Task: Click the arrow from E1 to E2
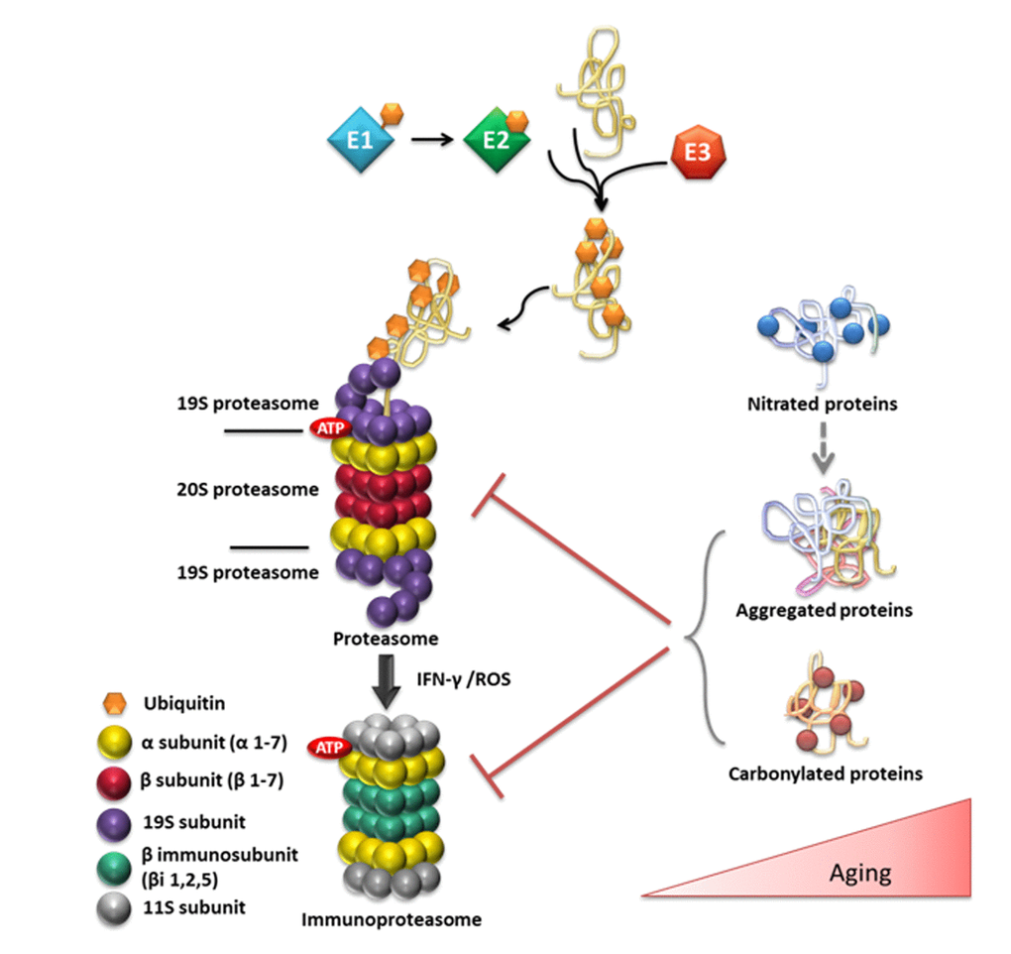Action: click(429, 141)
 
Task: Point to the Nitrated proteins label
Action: click(822, 405)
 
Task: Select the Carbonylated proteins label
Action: click(826, 773)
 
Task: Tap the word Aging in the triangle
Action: click(859, 874)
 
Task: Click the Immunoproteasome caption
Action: click(392, 919)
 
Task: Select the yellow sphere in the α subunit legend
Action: click(116, 742)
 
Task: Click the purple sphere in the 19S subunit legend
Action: click(116, 822)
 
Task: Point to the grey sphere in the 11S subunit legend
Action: click(116, 907)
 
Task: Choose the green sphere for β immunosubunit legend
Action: click(116, 864)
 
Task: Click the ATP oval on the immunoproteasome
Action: click(325, 746)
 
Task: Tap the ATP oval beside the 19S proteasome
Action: click(328, 428)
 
